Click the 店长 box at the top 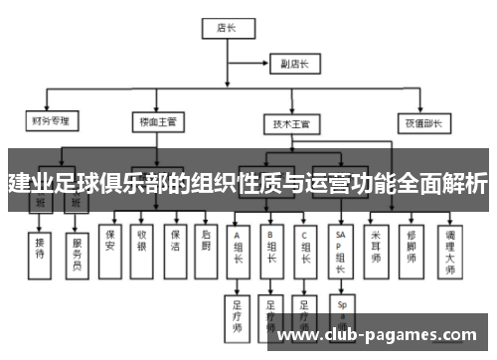[x=225, y=28]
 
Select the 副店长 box [x=294, y=65]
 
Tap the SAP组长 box [x=340, y=250]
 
